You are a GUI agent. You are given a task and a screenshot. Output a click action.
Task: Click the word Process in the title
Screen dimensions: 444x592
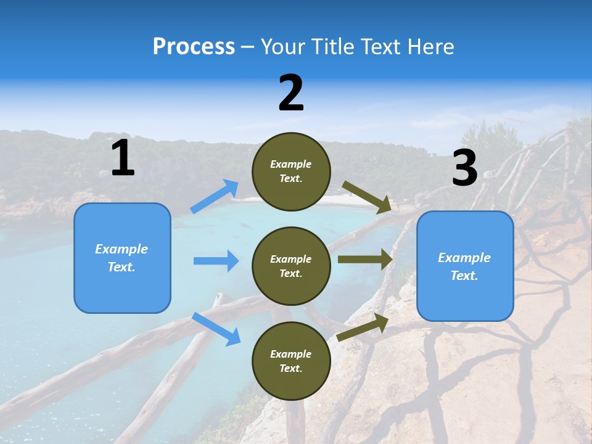[194, 47]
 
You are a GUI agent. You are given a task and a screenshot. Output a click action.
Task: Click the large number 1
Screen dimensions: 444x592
[123, 158]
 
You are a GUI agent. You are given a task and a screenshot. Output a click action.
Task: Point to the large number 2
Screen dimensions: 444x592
[291, 93]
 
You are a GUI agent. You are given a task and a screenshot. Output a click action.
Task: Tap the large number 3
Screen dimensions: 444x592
[465, 168]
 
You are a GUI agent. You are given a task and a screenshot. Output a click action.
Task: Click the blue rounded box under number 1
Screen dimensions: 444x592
[122, 258]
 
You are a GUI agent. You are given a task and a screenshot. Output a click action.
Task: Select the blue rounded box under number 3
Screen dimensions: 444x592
[465, 266]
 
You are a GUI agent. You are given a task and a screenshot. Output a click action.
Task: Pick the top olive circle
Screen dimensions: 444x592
[291, 171]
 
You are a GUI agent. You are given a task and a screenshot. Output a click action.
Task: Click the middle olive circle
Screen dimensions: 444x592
[291, 266]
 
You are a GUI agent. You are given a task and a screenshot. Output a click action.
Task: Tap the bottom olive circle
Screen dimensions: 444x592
[291, 361]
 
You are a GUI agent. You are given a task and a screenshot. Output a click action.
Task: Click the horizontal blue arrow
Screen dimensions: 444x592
[216, 261]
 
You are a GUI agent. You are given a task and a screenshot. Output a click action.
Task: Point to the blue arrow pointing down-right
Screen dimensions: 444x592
[216, 329]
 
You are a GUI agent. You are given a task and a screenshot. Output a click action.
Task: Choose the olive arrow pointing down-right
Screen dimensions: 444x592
[367, 197]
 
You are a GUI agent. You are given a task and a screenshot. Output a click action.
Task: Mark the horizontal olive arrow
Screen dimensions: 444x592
[365, 259]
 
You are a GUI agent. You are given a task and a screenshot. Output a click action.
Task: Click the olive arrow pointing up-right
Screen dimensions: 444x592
[363, 327]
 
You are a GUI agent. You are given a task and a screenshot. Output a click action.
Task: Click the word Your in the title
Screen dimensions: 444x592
[282, 47]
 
